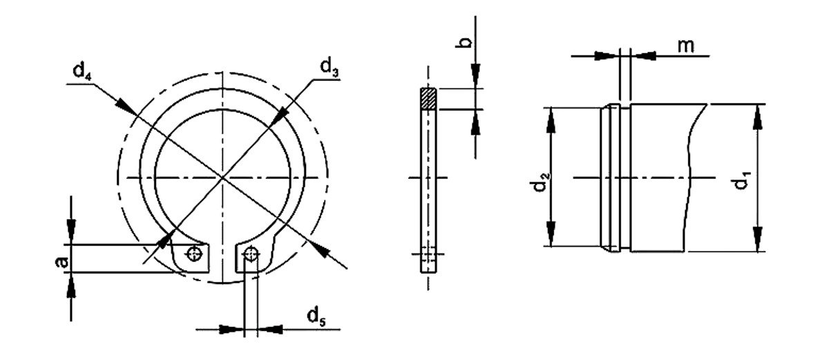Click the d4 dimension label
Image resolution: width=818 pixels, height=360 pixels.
pyautogui.click(x=82, y=70)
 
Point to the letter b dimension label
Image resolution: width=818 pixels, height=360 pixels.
pyautogui.click(x=464, y=42)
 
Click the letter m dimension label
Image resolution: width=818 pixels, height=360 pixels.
pyautogui.click(x=686, y=46)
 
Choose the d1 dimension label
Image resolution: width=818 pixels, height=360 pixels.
pyautogui.click(x=741, y=183)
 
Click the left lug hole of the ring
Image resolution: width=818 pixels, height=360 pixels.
pyautogui.click(x=195, y=254)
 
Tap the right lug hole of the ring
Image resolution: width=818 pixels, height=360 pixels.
pyautogui.click(x=251, y=254)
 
